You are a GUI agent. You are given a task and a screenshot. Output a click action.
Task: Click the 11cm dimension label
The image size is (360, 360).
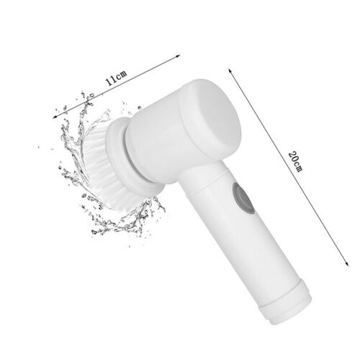[x=116, y=78]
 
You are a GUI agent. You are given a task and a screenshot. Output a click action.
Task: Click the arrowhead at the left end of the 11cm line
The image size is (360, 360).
[x=54, y=116]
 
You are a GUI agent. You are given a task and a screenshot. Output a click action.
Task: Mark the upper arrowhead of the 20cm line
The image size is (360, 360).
[x=230, y=68]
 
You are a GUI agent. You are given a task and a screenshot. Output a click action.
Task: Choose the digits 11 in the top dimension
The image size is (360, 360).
[x=109, y=81]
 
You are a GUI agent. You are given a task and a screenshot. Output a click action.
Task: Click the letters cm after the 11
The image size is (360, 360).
[x=122, y=75]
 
